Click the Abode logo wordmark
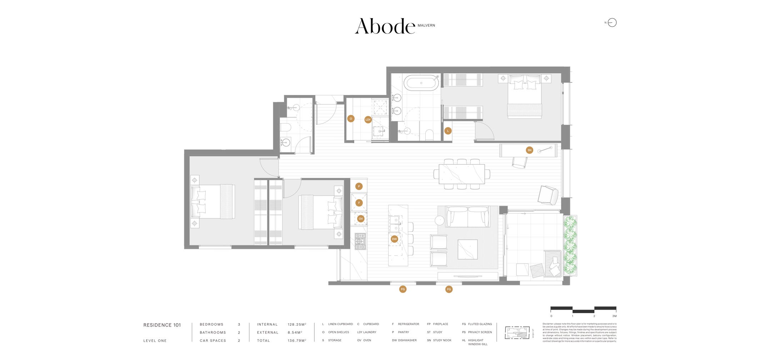coord(385,26)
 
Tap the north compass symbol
coord(612,22)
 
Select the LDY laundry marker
coord(368,120)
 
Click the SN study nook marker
coord(529,150)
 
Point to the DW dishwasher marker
coord(394,239)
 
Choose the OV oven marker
coord(361,219)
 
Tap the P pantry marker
coord(359,186)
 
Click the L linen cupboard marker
coord(448,131)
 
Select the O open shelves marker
coord(351,119)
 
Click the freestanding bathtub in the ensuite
coord(421,83)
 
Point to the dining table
coord(462,174)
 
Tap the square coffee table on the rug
coord(467,249)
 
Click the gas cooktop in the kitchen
coord(360,241)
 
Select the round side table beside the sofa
coord(439,220)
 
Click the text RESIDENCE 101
coord(162,325)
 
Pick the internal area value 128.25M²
coord(297,325)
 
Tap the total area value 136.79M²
coord(297,341)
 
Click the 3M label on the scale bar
coord(614,316)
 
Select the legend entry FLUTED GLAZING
coord(480,324)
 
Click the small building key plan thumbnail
coord(517,332)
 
